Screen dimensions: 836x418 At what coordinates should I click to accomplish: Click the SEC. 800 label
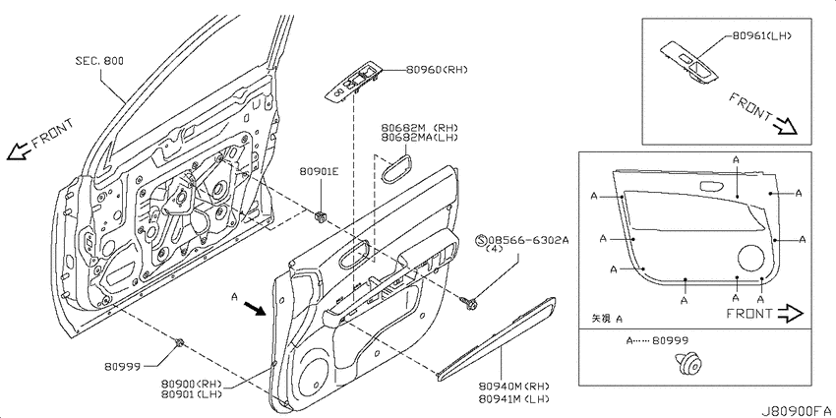coord(99,61)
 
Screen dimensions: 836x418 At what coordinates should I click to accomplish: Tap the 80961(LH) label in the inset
coord(761,36)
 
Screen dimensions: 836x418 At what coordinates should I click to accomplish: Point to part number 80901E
coord(320,172)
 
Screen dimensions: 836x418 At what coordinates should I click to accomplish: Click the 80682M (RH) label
coord(419,128)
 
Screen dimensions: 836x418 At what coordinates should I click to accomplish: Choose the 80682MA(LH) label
coord(419,138)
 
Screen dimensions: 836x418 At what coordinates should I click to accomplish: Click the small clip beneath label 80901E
coord(320,216)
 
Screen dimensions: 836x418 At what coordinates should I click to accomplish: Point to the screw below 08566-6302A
coord(469,304)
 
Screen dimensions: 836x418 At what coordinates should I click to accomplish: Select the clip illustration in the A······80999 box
coord(687,364)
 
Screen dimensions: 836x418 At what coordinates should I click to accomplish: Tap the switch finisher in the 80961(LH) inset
coord(689,63)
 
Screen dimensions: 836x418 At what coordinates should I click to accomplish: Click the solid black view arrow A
coord(255,309)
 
